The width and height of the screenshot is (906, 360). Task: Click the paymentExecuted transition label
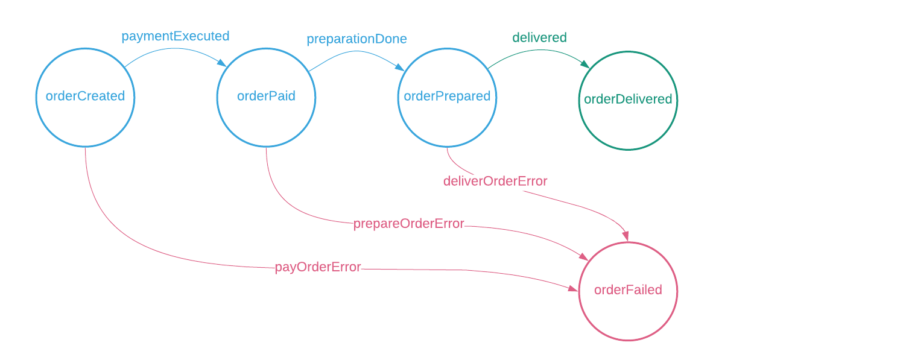pos(175,36)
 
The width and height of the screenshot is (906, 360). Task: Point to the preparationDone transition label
pos(356,39)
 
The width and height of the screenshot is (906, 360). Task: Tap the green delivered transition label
pos(539,37)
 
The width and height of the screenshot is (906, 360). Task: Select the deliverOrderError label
pos(495,181)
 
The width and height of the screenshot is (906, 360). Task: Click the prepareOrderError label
pos(408,224)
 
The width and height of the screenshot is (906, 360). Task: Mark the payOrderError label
pos(317,267)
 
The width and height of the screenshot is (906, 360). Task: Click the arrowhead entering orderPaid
pos(223,62)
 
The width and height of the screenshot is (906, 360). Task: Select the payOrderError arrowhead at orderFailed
pos(573,289)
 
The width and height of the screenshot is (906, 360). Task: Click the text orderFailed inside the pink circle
pos(628,290)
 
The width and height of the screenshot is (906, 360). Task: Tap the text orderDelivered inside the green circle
pos(628,99)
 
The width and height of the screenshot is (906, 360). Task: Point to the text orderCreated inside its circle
pos(85,96)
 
